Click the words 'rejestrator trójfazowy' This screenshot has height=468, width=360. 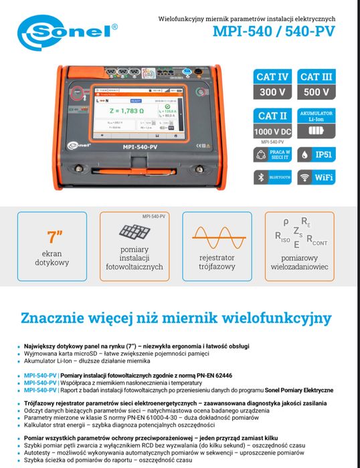(x=218, y=262)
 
